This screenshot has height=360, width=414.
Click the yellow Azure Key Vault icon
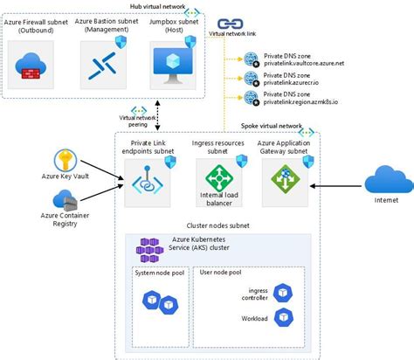[x=68, y=161]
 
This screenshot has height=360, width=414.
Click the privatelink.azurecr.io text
[x=294, y=82]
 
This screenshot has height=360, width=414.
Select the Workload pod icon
[x=281, y=317]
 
